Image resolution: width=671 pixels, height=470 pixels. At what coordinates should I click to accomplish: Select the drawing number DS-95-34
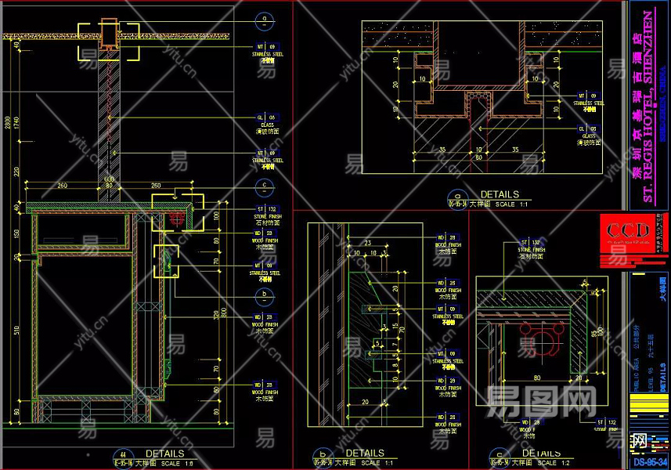click(650, 462)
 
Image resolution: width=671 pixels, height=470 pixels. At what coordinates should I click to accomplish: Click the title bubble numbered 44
click(121, 454)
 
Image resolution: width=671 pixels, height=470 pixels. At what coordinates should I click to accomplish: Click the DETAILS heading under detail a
click(500, 193)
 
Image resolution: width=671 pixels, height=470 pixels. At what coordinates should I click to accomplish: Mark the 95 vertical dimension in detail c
click(597, 333)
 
